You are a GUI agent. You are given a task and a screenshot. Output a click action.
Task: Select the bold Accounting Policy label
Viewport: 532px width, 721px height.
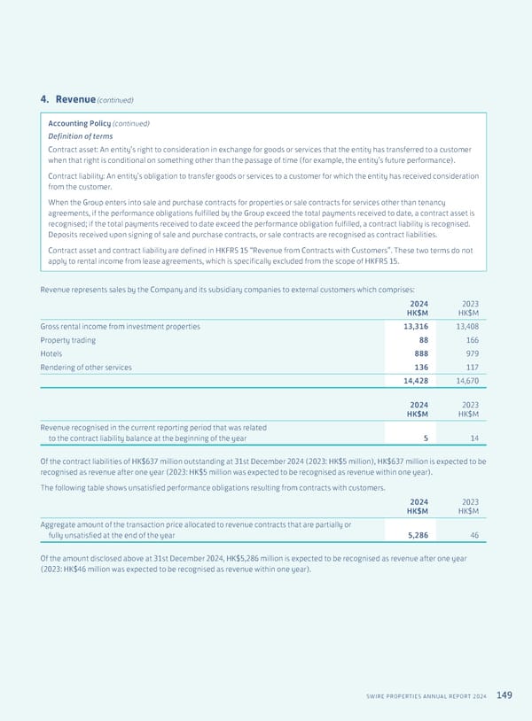tap(79, 123)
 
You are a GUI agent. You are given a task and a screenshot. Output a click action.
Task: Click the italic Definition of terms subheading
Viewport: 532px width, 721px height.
tap(81, 136)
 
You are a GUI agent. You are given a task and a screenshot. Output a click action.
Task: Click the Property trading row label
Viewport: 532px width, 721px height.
tap(68, 341)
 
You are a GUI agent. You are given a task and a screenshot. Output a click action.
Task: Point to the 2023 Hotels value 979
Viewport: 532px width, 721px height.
tap(472, 354)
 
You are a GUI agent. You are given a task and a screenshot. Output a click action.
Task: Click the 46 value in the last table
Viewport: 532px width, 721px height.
tap(474, 535)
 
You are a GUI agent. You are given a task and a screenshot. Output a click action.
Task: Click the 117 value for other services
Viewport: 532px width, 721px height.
tap(472, 368)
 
